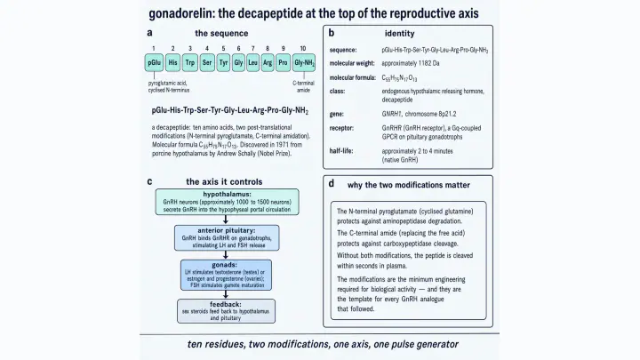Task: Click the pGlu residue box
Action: (154, 63)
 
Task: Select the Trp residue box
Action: (190, 63)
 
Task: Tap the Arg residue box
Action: (268, 63)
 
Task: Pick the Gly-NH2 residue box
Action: (304, 63)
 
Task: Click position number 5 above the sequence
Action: (223, 49)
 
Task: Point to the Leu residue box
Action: (252, 63)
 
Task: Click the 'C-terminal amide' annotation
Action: (303, 86)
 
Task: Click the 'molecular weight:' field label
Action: (352, 63)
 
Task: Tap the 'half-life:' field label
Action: (341, 151)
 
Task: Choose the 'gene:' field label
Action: (336, 114)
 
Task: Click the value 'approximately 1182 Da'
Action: (411, 63)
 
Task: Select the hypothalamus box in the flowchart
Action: (227, 202)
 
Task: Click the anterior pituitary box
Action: (227, 237)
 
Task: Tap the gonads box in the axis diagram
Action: (226, 275)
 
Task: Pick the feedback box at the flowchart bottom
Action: (226, 311)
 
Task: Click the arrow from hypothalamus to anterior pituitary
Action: (225, 220)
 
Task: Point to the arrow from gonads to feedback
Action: (225, 295)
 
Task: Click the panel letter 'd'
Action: (332, 184)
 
